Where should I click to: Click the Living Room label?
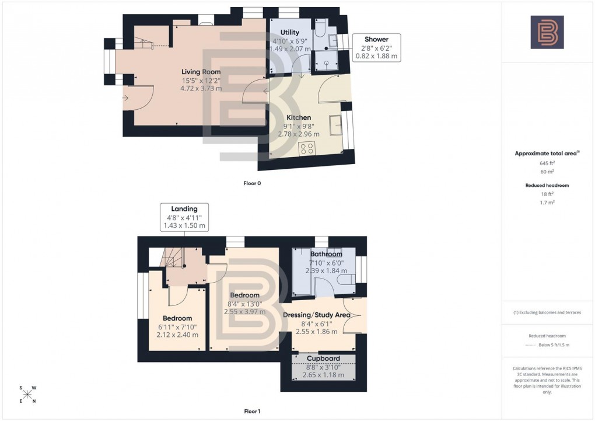pyautogui.click(x=201, y=72)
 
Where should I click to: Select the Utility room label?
pyautogui.click(x=289, y=33)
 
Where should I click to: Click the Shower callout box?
pyautogui.click(x=377, y=48)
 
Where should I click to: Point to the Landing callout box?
pyautogui.click(x=184, y=217)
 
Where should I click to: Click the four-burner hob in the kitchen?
pyautogui.click(x=307, y=148)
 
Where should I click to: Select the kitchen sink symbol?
pyautogui.click(x=337, y=125)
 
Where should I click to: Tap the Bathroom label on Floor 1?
pyautogui.click(x=326, y=255)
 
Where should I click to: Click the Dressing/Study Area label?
pyautogui.click(x=316, y=315)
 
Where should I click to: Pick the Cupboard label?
pyautogui.click(x=323, y=359)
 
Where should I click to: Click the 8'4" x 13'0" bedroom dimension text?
pyautogui.click(x=244, y=304)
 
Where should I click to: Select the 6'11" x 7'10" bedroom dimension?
pyautogui.click(x=178, y=327)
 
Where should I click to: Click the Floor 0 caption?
pyautogui.click(x=252, y=183)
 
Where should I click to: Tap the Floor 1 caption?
pyautogui.click(x=252, y=412)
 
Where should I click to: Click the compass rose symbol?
pyautogui.click(x=27, y=394)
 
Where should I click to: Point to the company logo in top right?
pyautogui.click(x=547, y=32)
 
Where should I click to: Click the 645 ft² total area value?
pyautogui.click(x=547, y=163)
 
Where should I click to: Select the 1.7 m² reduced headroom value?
pyautogui.click(x=547, y=202)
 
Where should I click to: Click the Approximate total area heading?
pyautogui.click(x=547, y=154)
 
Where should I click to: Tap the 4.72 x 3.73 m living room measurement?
pyautogui.click(x=201, y=89)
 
